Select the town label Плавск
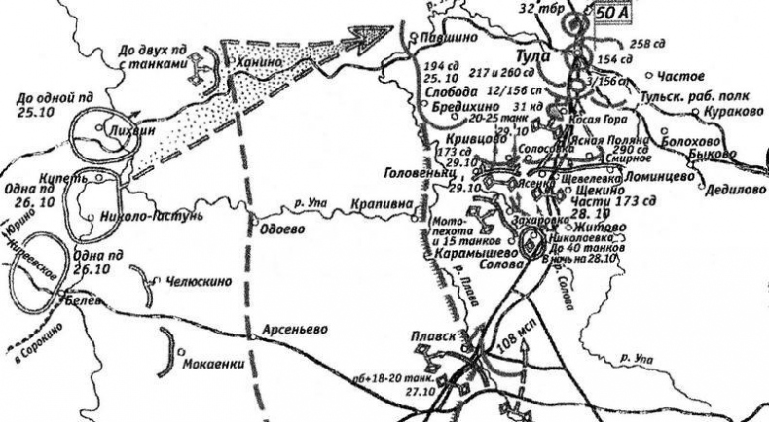(x=434, y=336)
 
